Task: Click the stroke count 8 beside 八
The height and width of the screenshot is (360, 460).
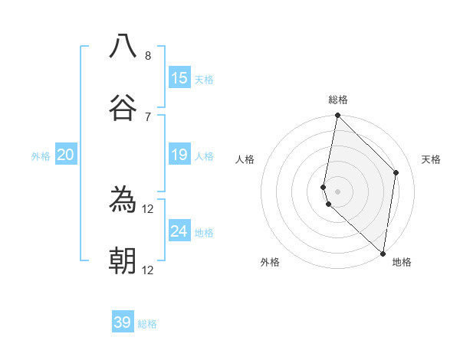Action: [148, 56]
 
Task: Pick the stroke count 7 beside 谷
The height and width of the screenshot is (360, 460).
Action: [148, 116]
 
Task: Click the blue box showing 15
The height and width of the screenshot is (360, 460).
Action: [179, 78]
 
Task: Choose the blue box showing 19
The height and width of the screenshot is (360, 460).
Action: [179, 155]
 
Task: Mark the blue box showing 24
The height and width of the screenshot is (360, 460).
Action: [179, 231]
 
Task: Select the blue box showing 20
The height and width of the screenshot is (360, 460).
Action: [66, 155]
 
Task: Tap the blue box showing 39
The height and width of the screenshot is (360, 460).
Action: [123, 322]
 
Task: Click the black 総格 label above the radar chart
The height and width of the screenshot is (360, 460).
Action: [337, 100]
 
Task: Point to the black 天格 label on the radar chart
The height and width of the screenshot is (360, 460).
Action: [431, 159]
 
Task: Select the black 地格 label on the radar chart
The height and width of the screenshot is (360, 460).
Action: [402, 262]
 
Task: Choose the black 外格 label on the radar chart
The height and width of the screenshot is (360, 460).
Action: [270, 262]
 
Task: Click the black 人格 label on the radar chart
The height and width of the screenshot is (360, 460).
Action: [245, 159]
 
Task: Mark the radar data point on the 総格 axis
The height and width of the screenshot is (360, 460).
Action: [337, 116]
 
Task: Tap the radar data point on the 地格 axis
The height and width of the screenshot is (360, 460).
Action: [382, 253]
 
